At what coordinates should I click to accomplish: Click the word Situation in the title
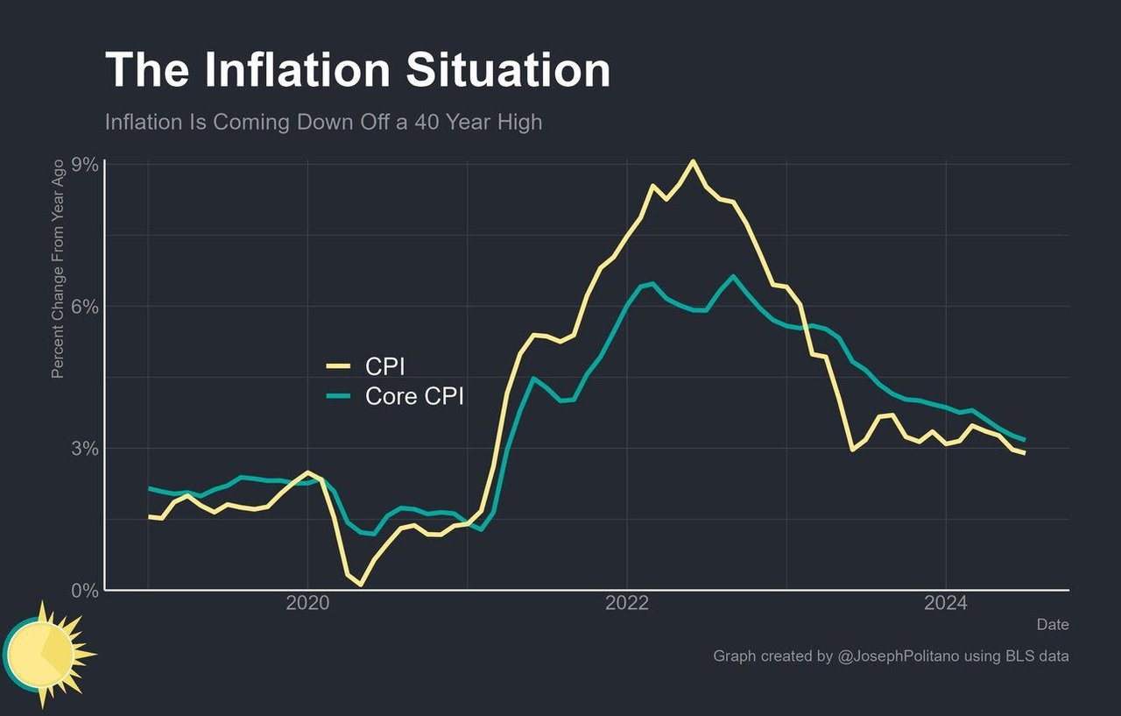pos(513,70)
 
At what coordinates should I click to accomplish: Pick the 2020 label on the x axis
pos(307,604)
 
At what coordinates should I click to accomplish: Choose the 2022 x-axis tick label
pos(626,604)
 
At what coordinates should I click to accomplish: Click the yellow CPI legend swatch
pos(338,366)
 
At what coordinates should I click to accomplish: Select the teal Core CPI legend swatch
pos(338,397)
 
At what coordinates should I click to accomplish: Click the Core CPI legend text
pos(414,397)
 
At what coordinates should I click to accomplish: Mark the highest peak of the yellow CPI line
pos(693,161)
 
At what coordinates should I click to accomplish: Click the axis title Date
pos(1053,625)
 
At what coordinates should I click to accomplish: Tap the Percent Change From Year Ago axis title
pos(58,269)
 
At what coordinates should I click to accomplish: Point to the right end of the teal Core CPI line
pos(1024,440)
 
